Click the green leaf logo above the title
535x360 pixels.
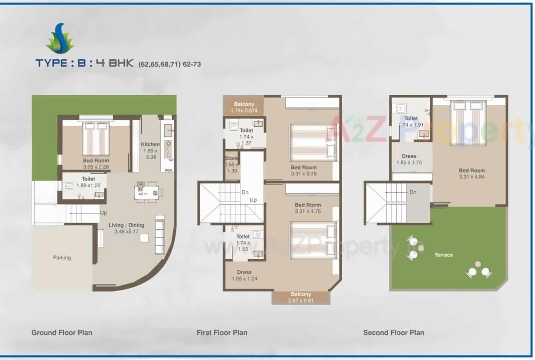(x=60, y=39)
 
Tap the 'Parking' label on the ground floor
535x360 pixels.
(x=62, y=257)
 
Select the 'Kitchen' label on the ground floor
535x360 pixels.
(x=150, y=144)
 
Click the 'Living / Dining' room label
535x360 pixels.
(x=126, y=225)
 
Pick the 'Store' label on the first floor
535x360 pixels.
(x=231, y=158)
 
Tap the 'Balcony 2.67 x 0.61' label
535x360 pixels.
(x=301, y=297)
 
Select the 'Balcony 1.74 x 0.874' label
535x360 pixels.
(x=244, y=107)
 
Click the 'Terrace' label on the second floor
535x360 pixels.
(x=443, y=255)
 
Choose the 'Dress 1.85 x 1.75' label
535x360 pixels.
(x=409, y=159)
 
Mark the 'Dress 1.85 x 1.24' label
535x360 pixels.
(x=244, y=275)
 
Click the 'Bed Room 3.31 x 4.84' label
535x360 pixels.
(x=472, y=173)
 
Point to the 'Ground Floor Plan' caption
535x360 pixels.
(x=62, y=333)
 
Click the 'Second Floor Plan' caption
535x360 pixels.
(x=393, y=333)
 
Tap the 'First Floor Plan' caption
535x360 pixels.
(x=222, y=333)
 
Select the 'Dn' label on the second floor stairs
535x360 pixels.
(x=413, y=192)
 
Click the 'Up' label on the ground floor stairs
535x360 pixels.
(x=103, y=213)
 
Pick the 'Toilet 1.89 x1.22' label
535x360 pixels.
(x=88, y=182)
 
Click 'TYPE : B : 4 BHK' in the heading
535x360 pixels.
(x=84, y=63)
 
